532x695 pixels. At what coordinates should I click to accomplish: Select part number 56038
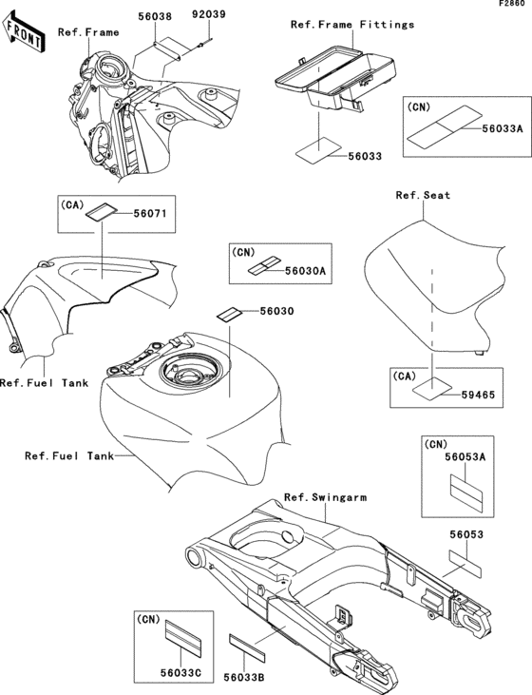155,17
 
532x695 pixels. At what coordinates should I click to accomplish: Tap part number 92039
208,14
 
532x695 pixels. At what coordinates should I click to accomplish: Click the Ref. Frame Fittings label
352,25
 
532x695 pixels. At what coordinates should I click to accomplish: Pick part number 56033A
503,128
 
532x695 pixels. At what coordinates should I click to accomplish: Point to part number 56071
150,214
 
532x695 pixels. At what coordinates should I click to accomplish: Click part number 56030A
306,270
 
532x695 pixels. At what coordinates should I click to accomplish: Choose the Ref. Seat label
423,195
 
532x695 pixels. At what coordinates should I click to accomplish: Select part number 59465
478,394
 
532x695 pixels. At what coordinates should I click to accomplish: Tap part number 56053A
465,457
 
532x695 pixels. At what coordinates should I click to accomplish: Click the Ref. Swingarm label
325,497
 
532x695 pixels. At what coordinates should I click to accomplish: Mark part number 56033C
180,673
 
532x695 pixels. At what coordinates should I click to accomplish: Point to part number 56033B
243,677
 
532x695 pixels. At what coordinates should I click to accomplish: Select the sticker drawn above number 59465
432,388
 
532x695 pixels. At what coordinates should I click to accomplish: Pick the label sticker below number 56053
465,564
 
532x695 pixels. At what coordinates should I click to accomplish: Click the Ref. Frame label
88,32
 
